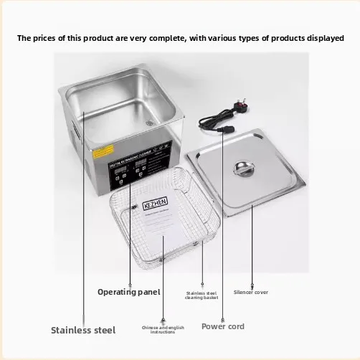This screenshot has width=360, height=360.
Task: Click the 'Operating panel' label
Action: pyautogui.click(x=129, y=292)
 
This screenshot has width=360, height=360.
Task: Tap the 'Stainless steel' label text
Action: pyautogui.click(x=82, y=331)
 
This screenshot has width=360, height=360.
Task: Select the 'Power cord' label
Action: pyautogui.click(x=222, y=326)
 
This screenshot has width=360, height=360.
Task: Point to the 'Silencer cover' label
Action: pyautogui.click(x=251, y=292)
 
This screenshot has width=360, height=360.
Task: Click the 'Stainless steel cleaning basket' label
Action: pyautogui.click(x=202, y=295)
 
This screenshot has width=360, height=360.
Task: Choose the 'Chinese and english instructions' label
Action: pyautogui.click(x=163, y=329)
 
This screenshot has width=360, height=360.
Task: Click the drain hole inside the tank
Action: pyautogui.click(x=151, y=122)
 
